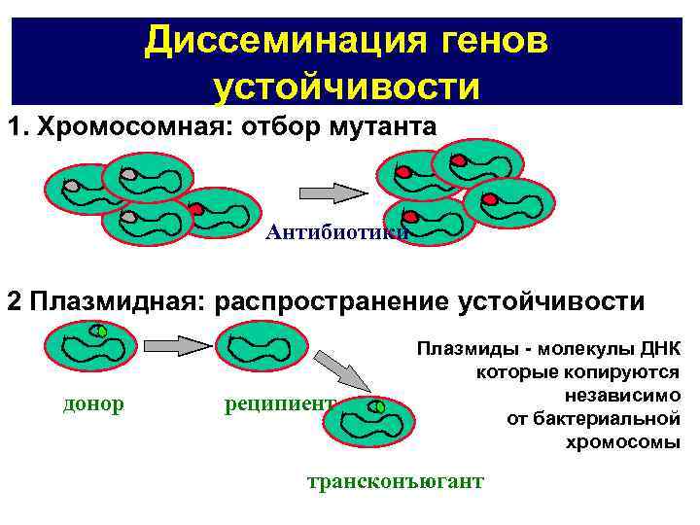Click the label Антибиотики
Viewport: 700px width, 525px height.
tap(336, 232)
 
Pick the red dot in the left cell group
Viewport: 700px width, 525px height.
tap(195, 209)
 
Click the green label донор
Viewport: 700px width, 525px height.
tap(93, 403)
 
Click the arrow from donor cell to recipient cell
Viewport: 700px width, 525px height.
tap(177, 345)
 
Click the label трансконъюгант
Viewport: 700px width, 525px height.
tap(395, 481)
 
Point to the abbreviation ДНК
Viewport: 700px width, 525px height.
tap(659, 349)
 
